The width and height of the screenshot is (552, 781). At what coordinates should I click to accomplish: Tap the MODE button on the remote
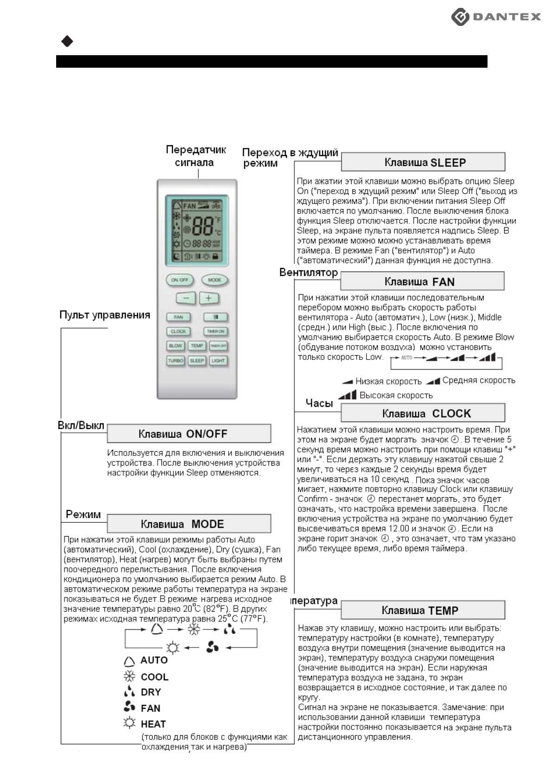pos(214,280)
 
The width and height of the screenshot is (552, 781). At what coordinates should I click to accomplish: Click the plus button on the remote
pos(209,298)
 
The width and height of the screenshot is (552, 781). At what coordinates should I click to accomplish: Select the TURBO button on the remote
pos(176,360)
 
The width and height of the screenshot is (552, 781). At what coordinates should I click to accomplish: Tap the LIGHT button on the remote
pos(218,360)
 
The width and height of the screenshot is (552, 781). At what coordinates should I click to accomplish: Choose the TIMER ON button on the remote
pos(215,332)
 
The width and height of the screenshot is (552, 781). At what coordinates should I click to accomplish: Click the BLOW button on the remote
pos(176,346)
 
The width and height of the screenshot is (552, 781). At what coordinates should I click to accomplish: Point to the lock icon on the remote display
pos(215,256)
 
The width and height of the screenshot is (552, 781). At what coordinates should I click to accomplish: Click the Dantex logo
pos(496,17)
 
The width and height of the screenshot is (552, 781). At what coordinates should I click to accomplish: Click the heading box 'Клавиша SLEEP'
pos(423,162)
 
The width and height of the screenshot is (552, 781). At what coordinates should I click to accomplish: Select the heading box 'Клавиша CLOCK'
pos(423,413)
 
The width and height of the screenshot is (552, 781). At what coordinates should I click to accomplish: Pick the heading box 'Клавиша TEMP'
pos(423,610)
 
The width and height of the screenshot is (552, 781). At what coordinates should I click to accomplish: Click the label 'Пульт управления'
pos(105,315)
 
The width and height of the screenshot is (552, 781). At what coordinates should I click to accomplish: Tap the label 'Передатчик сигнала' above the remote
pos(196,156)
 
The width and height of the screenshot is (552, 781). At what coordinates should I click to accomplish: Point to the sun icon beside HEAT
pos(129,723)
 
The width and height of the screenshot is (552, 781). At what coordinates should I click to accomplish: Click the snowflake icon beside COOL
pos(129,677)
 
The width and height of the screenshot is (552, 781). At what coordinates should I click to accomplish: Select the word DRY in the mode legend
pos(151,692)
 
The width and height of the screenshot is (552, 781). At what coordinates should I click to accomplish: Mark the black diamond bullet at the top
pos(67,42)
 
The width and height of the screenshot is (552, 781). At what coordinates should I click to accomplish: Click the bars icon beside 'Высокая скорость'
pos(347,395)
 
